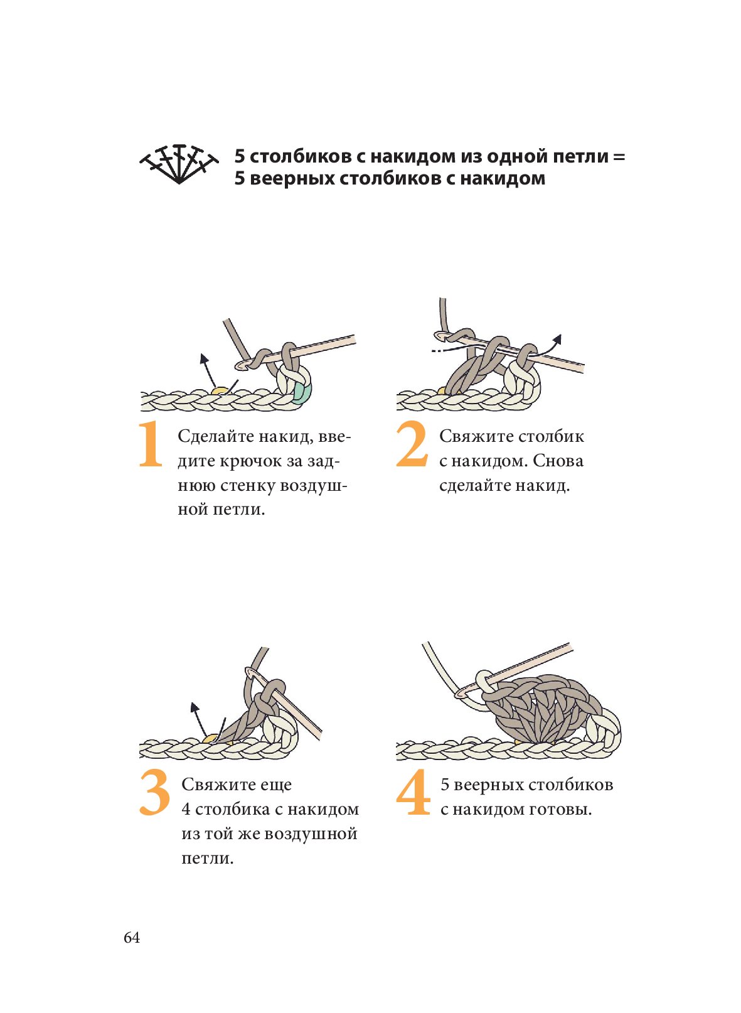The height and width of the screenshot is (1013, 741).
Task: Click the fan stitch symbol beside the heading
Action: pos(179,164)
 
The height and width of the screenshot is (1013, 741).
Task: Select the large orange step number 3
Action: pos(154,792)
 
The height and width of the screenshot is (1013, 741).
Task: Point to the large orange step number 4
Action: pos(413,792)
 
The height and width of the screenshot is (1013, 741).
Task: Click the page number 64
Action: pos(132,938)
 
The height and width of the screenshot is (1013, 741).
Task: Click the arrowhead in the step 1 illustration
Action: pos(204,358)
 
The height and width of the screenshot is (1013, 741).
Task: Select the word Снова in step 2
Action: pos(558,461)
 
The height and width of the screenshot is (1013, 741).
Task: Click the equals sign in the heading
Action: pos(619,157)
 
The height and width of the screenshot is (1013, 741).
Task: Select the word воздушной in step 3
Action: pos(311,834)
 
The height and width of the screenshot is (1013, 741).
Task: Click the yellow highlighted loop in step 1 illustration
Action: pos(221,390)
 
